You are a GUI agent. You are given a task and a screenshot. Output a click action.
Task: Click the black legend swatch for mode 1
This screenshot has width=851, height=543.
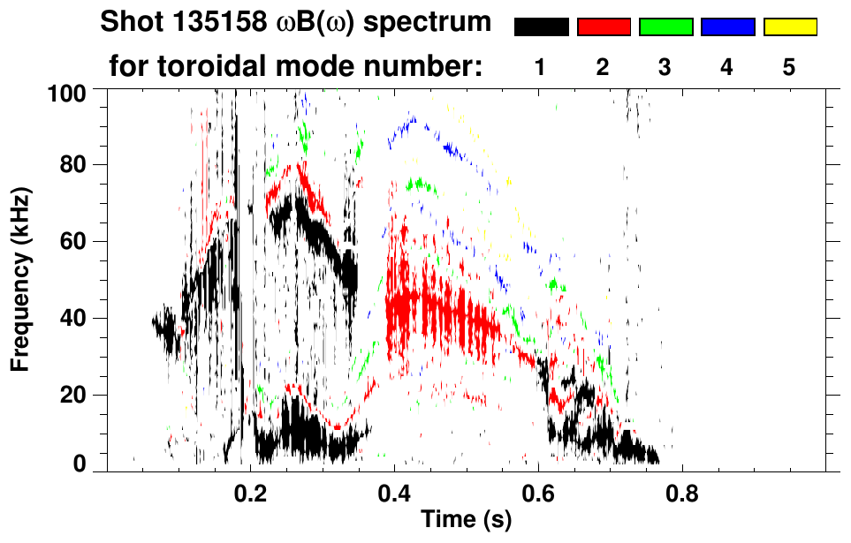pyautogui.click(x=542, y=27)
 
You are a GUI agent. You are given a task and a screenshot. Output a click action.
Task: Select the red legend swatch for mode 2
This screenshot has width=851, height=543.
pyautogui.click(x=604, y=27)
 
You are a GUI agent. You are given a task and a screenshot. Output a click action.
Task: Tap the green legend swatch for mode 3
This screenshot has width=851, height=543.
pyautogui.click(x=665, y=27)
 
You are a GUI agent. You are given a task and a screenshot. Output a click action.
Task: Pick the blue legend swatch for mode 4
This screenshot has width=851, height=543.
pyautogui.click(x=727, y=27)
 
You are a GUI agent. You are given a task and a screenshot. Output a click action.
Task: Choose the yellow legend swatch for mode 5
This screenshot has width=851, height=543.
pyautogui.click(x=789, y=27)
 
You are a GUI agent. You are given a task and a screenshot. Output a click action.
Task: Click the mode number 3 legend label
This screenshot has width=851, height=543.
pyautogui.click(x=665, y=67)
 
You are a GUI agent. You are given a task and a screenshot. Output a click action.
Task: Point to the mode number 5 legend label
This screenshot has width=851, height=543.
pyautogui.click(x=789, y=67)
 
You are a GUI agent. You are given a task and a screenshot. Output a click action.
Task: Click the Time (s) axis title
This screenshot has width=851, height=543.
pyautogui.click(x=466, y=520)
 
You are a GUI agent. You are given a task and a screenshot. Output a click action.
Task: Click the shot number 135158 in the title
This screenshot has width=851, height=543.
pyautogui.click(x=213, y=23)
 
